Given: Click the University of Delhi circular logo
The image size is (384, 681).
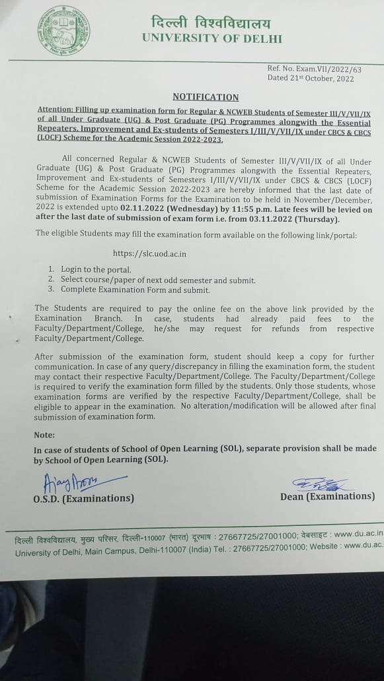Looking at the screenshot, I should [x=64, y=30].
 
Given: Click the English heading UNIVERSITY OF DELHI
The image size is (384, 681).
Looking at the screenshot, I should [x=212, y=38].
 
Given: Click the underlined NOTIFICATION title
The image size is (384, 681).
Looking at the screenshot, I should [x=206, y=96].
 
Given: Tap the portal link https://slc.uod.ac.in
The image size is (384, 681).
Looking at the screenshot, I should [x=149, y=253].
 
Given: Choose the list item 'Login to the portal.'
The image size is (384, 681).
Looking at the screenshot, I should [x=96, y=270].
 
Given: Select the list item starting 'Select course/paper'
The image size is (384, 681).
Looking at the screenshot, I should [x=158, y=280].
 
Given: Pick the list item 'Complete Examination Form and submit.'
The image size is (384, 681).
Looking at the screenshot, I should [x=135, y=290].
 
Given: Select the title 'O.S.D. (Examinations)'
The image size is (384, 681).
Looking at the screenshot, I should [x=83, y=498].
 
